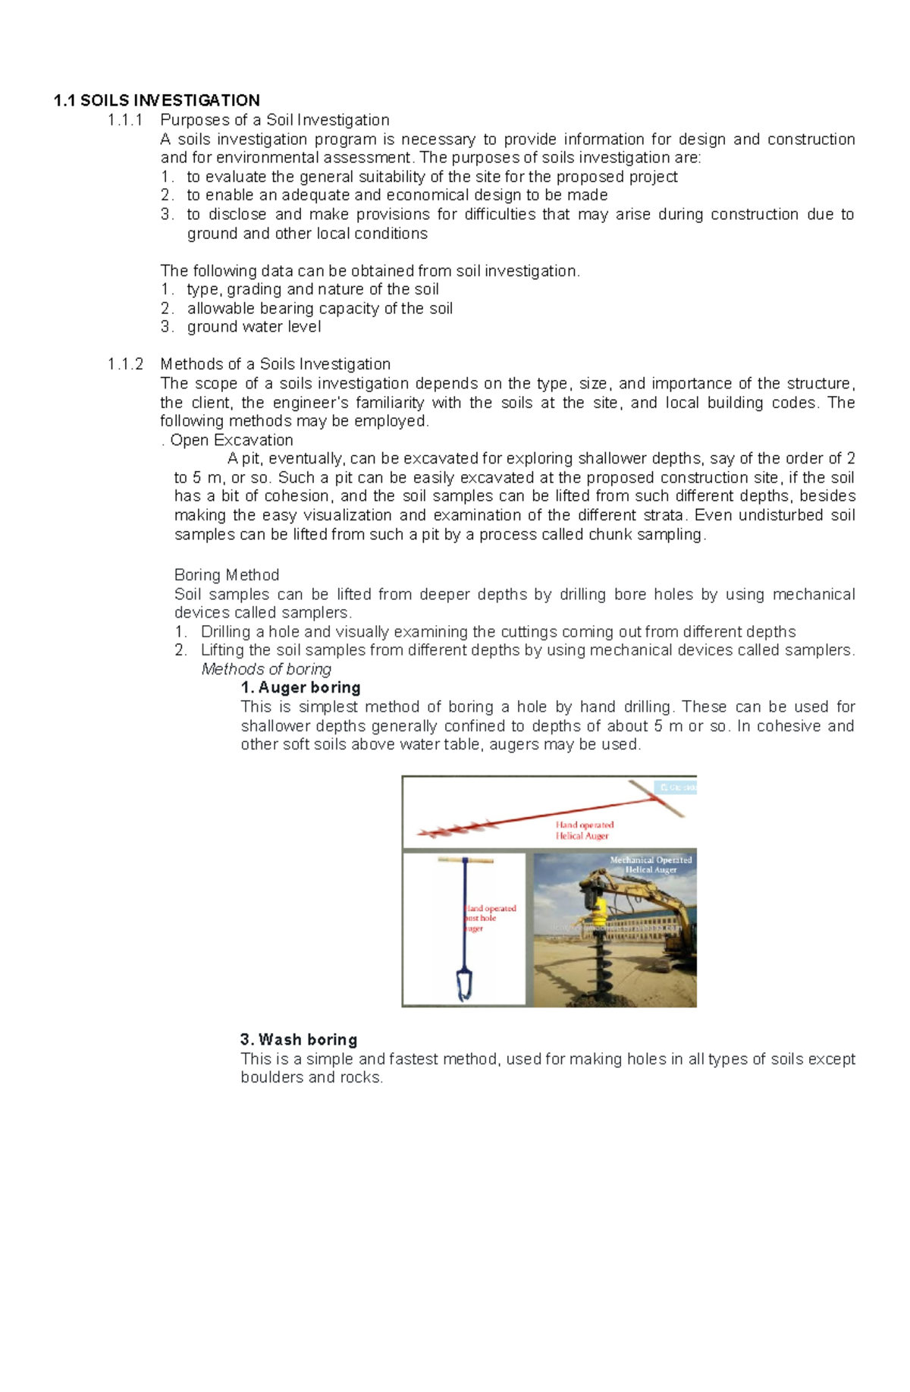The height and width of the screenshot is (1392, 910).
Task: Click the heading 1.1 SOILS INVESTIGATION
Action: tap(156, 101)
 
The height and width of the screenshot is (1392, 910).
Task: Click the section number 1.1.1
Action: tap(125, 120)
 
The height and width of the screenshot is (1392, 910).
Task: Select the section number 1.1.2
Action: tap(125, 364)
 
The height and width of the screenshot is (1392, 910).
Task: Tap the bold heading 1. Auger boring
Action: tap(300, 688)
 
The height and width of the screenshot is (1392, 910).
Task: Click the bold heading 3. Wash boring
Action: tap(299, 1040)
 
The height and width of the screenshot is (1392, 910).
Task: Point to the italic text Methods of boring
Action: tap(266, 669)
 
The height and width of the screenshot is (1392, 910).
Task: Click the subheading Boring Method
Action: tap(227, 575)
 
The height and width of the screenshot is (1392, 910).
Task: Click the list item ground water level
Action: tap(254, 327)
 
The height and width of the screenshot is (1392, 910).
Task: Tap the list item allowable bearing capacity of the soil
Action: tap(319, 309)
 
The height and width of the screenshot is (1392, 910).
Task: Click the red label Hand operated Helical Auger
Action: tap(584, 831)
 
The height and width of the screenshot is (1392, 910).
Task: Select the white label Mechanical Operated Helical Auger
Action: tap(651, 865)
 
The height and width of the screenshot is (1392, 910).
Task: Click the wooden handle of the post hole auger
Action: tap(465, 861)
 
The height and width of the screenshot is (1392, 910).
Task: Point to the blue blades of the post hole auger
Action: tap(464, 985)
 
